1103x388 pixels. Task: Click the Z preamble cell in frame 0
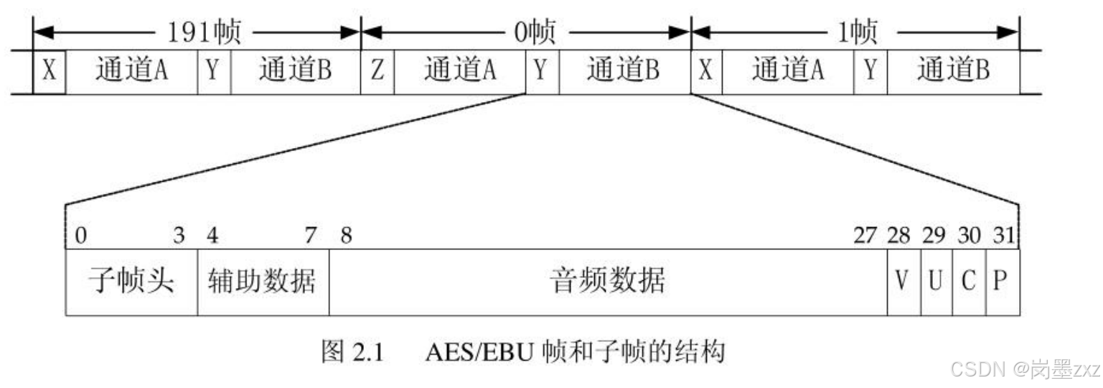377,72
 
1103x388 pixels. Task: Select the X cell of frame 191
50,72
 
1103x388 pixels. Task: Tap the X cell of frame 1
707,72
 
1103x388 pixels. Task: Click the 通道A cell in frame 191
132,72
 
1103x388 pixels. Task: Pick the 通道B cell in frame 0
624,72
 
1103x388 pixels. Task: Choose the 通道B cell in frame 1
953,72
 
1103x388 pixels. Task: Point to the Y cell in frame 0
543,72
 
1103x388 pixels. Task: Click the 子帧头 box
131,282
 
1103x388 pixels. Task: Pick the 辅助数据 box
263,282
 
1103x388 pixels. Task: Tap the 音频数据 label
607,282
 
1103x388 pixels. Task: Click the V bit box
903,282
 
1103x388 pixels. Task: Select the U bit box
936,282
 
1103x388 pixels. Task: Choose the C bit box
969,282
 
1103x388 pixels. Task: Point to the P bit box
1002,282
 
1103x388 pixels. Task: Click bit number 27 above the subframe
865,236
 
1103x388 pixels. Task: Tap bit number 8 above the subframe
346,236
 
